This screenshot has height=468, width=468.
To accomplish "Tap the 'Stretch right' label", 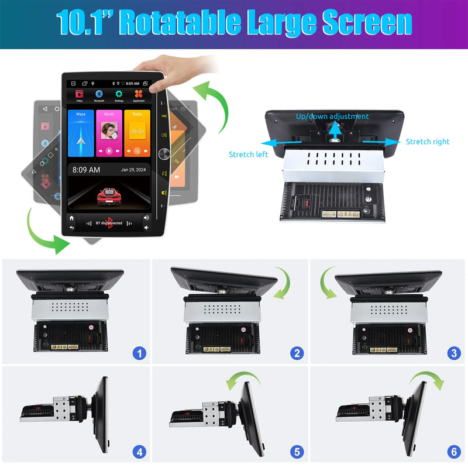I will [428, 142].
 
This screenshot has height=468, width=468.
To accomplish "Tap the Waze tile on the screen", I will [81, 133].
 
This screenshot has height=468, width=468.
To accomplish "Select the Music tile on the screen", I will [109, 133].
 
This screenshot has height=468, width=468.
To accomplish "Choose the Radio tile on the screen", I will [137, 133].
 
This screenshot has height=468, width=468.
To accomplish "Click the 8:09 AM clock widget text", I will [86, 170].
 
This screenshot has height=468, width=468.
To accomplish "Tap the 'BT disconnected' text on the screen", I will [109, 223].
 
